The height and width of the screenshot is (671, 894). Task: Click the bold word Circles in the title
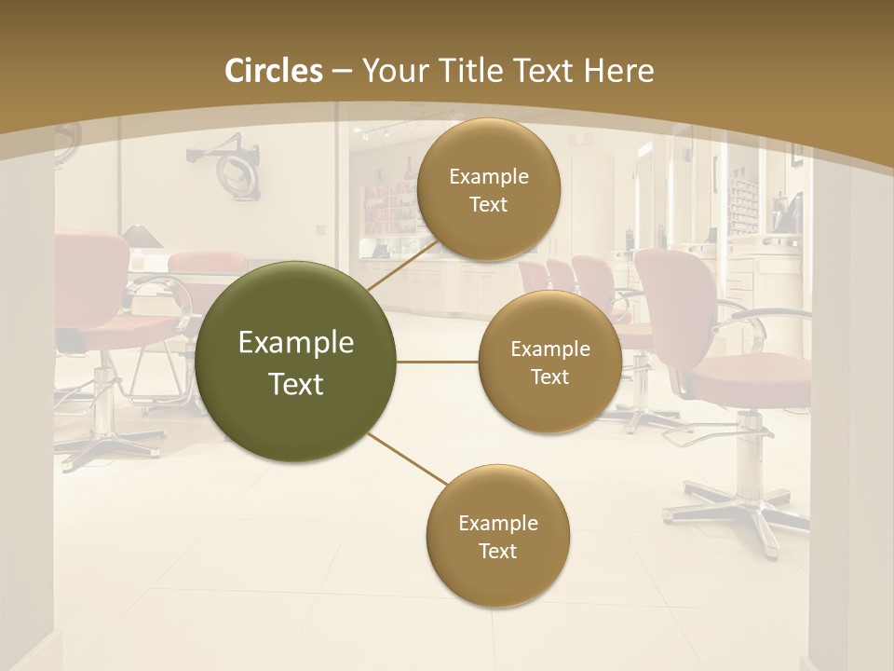274,71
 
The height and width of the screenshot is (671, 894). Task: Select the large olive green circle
296,362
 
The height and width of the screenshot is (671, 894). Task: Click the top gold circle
488,189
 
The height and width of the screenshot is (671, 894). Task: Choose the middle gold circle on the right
549,362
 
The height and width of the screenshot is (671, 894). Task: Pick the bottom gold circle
497,536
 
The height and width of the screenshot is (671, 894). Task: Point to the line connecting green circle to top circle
400,266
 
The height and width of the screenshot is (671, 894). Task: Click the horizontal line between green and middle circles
438,362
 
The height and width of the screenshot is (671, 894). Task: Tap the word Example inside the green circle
296,343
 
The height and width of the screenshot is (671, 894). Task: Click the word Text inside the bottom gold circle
497,551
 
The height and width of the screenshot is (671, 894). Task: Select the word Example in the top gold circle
488,176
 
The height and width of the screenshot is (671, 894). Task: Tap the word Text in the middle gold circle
549,377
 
